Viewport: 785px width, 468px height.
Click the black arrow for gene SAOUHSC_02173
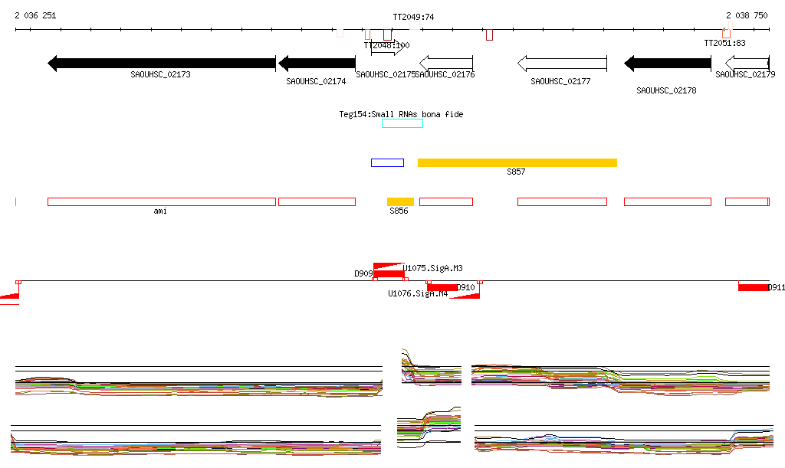click(x=161, y=63)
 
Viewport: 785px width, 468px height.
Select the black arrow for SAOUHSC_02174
click(x=317, y=63)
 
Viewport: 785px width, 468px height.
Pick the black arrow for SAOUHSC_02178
click(x=667, y=63)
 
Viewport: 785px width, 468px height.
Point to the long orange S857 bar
click(x=517, y=162)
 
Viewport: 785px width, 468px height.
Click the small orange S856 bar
click(x=400, y=201)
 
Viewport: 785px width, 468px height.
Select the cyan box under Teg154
click(x=402, y=123)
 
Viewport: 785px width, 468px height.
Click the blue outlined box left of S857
click(x=387, y=162)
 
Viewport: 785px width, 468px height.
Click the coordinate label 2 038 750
click(x=747, y=15)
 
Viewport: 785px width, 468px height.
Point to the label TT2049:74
click(x=413, y=17)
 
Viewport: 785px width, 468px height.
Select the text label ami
click(x=160, y=211)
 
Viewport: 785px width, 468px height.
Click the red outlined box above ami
click(x=161, y=201)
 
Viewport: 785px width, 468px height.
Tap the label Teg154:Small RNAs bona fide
click(x=401, y=114)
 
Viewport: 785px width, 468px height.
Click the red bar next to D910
click(x=442, y=287)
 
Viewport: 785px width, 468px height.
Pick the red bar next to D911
click(x=753, y=287)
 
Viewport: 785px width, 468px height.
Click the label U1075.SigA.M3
click(x=433, y=268)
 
